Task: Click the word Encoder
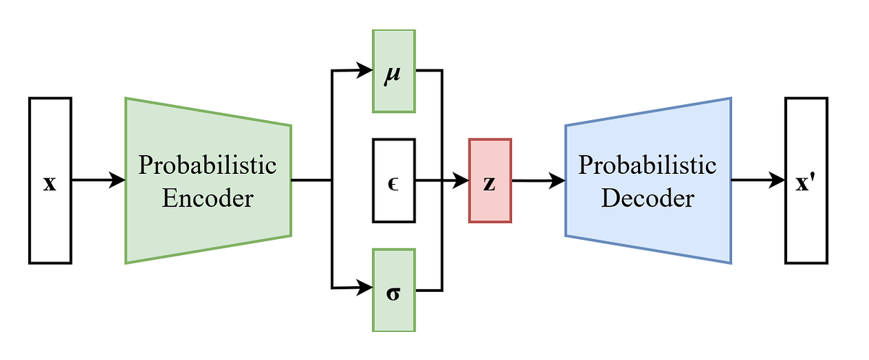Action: (x=208, y=197)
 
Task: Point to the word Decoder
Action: (x=647, y=197)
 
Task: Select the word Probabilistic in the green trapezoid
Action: (x=208, y=165)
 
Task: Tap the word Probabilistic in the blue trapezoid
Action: (x=647, y=165)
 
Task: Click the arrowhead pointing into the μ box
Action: (x=364, y=71)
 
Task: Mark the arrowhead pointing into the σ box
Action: (x=364, y=288)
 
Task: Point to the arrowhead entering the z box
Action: (x=461, y=180)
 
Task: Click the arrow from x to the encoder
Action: (x=98, y=180)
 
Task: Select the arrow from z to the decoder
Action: (x=537, y=181)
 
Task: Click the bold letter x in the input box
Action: (x=50, y=184)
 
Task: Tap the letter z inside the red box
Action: (x=490, y=183)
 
